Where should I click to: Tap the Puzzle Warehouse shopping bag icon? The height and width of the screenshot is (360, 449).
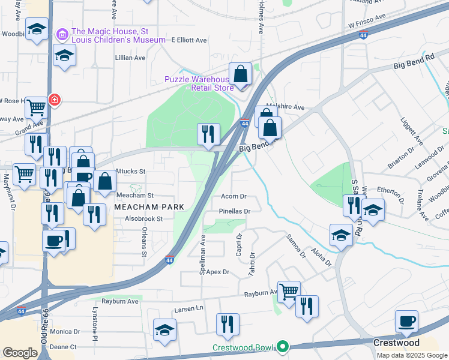pos(240,74)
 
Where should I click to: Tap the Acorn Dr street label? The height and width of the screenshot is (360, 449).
pos(234,196)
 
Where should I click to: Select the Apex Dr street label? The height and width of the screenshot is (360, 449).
pos(218,272)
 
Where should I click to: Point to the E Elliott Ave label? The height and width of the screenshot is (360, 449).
pos(189,40)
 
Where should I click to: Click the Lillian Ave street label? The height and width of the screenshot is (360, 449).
pos(131,58)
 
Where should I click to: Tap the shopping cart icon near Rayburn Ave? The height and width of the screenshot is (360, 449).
pos(289,292)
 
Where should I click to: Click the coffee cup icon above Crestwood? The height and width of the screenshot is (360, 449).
pos(406,321)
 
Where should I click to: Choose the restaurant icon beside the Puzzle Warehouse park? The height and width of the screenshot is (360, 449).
pos(208,134)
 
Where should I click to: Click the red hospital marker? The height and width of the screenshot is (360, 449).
pos(55,99)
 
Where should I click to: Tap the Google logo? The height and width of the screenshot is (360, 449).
pos(20,353)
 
